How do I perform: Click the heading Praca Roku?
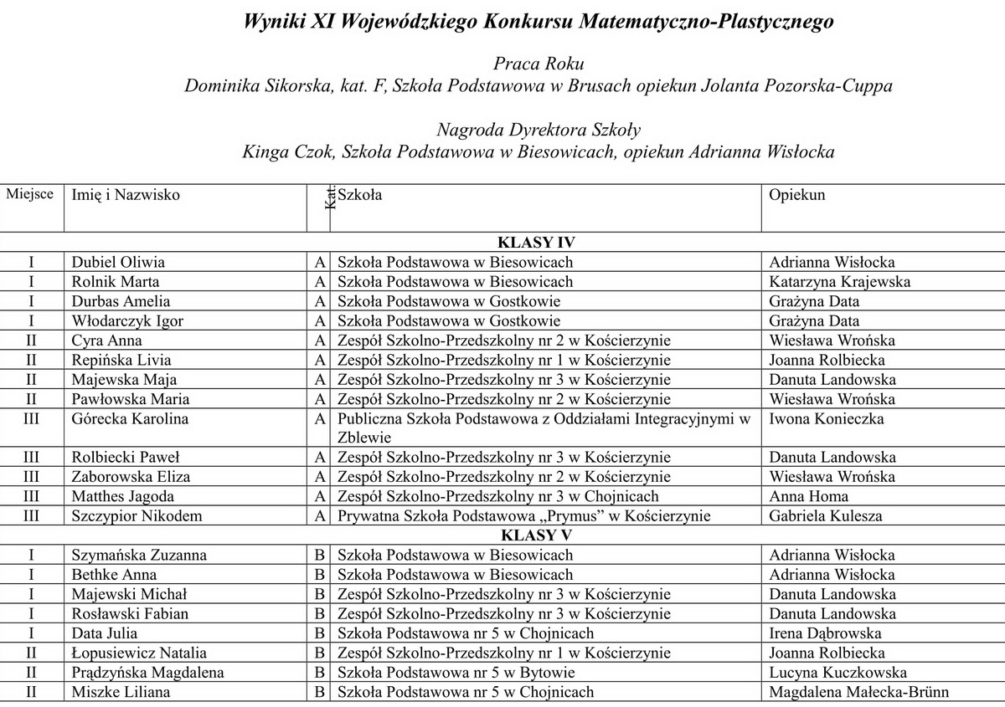538,64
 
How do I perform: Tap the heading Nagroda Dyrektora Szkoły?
538,130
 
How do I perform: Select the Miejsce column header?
30,195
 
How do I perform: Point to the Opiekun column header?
797,195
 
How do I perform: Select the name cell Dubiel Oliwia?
118,262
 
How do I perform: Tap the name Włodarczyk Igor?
127,320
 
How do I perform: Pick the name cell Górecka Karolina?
130,418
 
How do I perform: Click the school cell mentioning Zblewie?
544,427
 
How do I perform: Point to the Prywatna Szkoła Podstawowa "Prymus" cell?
523,516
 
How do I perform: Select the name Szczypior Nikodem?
137,516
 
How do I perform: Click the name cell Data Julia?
105,633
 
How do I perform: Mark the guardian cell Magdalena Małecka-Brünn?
859,692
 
